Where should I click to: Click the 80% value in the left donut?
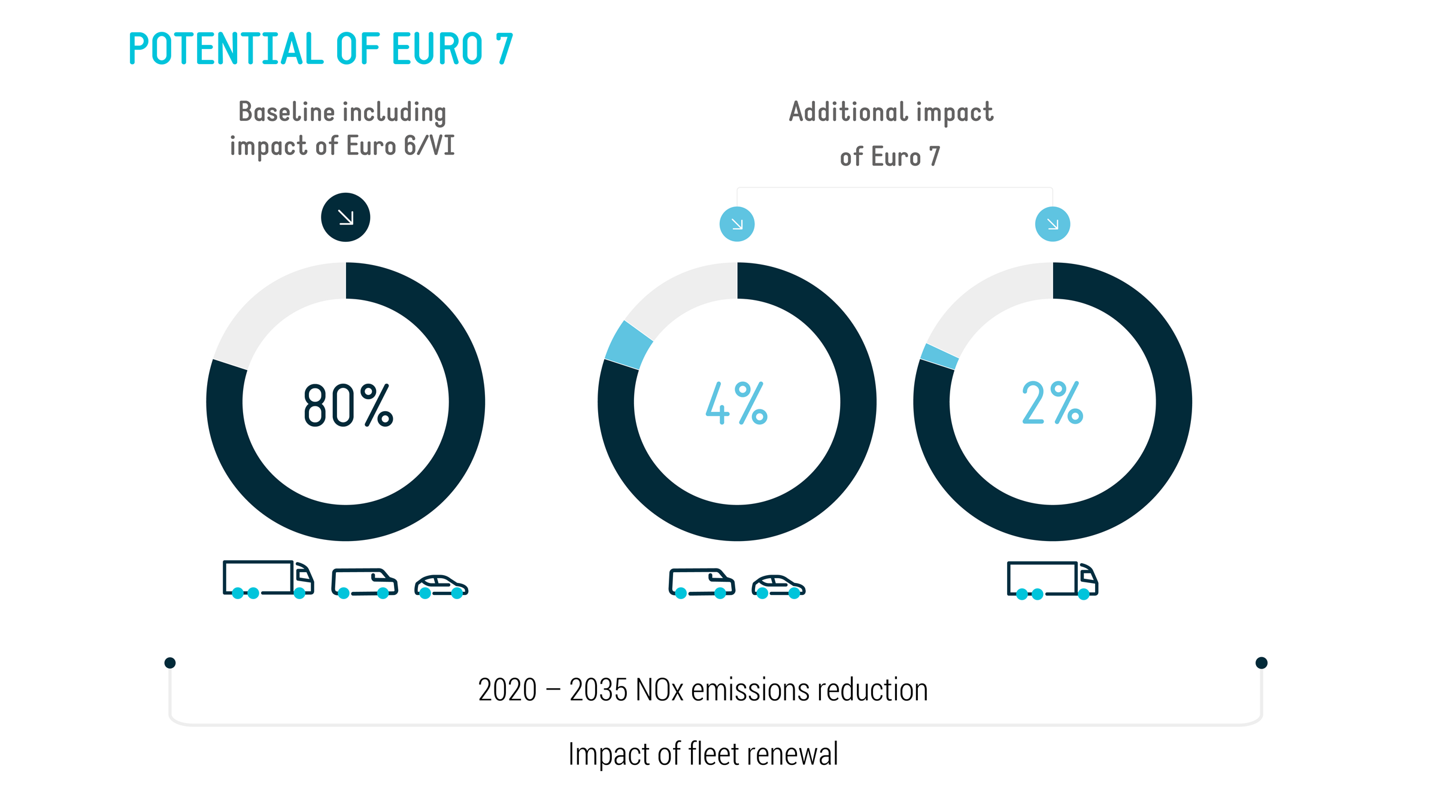coord(348,405)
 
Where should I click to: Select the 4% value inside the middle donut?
coord(736,403)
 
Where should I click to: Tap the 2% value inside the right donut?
coord(1052,403)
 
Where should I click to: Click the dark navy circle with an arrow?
coord(345,217)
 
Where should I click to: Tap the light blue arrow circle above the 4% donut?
coord(736,224)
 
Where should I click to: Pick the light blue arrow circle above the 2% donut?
coord(1052,224)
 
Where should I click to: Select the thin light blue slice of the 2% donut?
coord(939,356)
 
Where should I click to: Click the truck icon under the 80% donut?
coord(268,579)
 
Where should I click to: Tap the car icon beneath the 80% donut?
coord(441,586)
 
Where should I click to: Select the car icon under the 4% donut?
coord(778,586)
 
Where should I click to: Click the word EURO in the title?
coord(436,49)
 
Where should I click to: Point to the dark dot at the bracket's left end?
coord(170,663)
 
